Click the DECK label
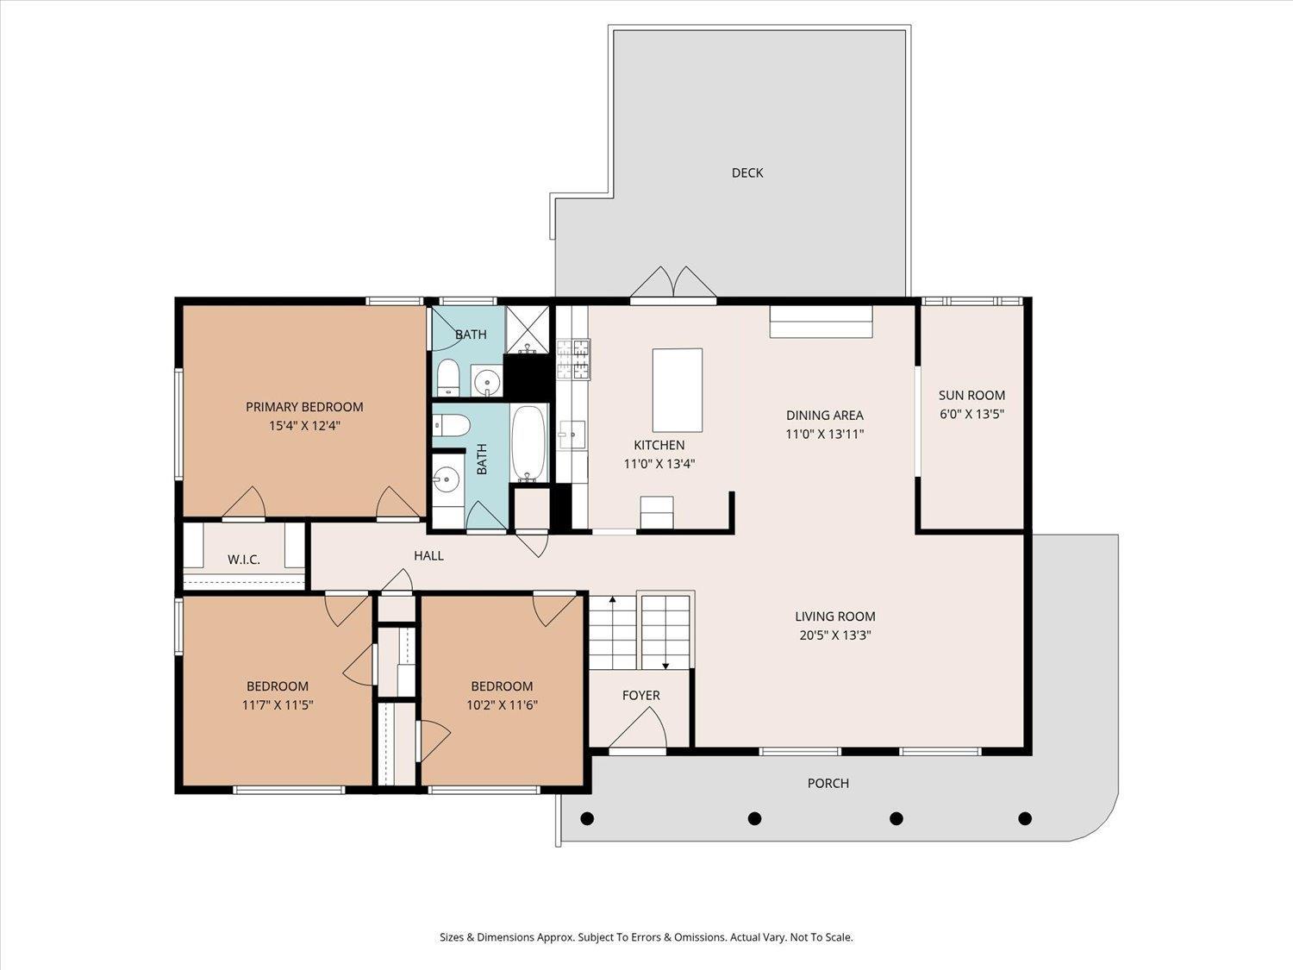point(746,172)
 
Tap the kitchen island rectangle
point(677,390)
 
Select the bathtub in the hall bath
point(528,444)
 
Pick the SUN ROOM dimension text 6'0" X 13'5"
point(971,414)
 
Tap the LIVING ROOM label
point(834,616)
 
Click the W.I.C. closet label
point(244,560)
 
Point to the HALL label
point(428,555)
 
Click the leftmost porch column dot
point(587,818)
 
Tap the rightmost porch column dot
point(1025,818)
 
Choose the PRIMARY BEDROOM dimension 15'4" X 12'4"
point(304,425)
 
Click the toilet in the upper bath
point(447,378)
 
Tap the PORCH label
point(828,783)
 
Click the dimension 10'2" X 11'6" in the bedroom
point(502,704)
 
